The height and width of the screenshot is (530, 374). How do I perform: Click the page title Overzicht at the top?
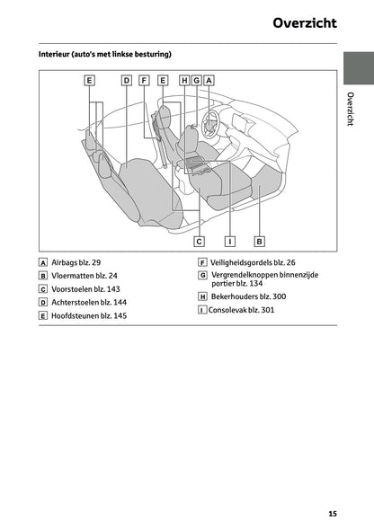click(x=305, y=23)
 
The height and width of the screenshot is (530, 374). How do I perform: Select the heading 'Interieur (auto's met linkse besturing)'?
click(x=105, y=55)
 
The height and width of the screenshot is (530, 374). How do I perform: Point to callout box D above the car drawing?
click(x=126, y=80)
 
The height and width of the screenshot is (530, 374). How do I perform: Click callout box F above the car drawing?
click(x=144, y=80)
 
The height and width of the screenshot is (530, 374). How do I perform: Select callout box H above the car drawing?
click(x=184, y=80)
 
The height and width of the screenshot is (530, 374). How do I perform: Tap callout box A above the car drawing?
click(x=208, y=80)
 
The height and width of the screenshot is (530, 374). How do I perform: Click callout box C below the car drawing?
click(x=199, y=241)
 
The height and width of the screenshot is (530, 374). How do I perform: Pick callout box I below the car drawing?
click(x=230, y=241)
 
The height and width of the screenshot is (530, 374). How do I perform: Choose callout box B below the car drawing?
click(x=259, y=241)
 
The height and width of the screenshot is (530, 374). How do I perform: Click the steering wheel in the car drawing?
click(x=213, y=119)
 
